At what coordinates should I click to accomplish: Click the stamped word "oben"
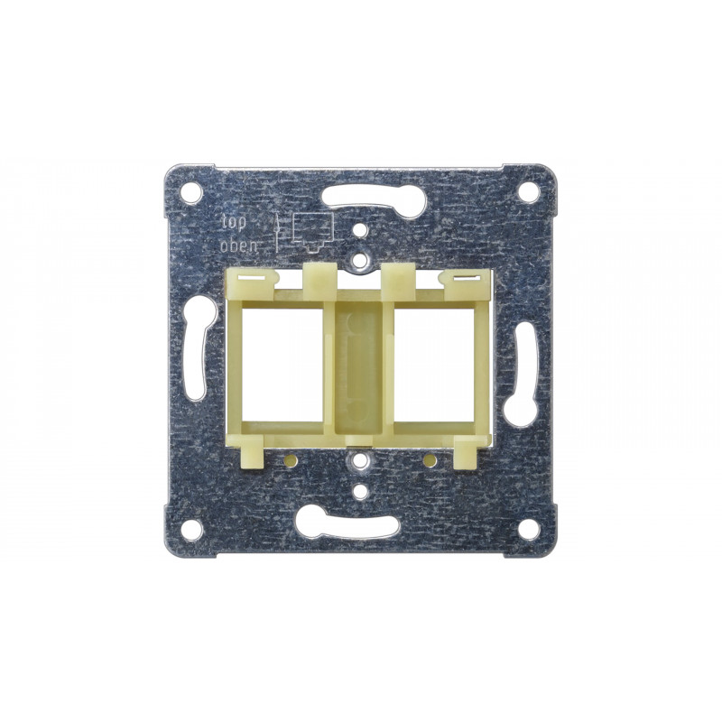pos(239,246)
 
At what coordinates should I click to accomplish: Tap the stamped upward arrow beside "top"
pos(277,234)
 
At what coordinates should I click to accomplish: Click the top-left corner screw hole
pos(191,191)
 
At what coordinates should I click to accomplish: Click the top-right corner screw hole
pos(528,191)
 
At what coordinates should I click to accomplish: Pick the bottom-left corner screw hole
pos(191,530)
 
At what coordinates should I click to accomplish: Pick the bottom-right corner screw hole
pos(528,530)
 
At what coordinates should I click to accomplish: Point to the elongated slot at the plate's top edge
pos(374,199)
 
